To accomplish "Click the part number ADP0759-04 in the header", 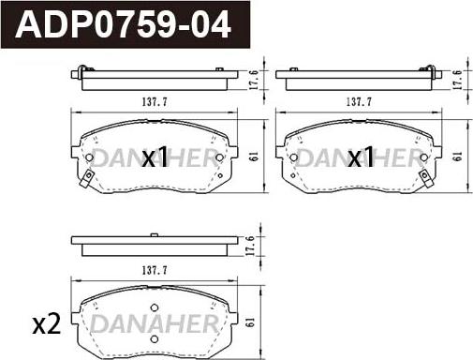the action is [x=124, y=24].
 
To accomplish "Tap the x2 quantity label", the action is [x=47, y=324].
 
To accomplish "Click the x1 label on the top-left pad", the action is [x=155, y=157].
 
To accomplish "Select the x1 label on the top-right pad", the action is [x=361, y=157].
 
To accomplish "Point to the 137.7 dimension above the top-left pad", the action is [x=155, y=102].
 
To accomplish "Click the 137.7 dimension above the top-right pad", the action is [x=359, y=102].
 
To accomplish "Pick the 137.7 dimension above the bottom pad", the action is [x=155, y=270].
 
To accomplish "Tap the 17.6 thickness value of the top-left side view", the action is [x=254, y=80].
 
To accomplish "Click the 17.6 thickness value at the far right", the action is [x=457, y=80].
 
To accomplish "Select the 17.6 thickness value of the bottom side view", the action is [x=250, y=246].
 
